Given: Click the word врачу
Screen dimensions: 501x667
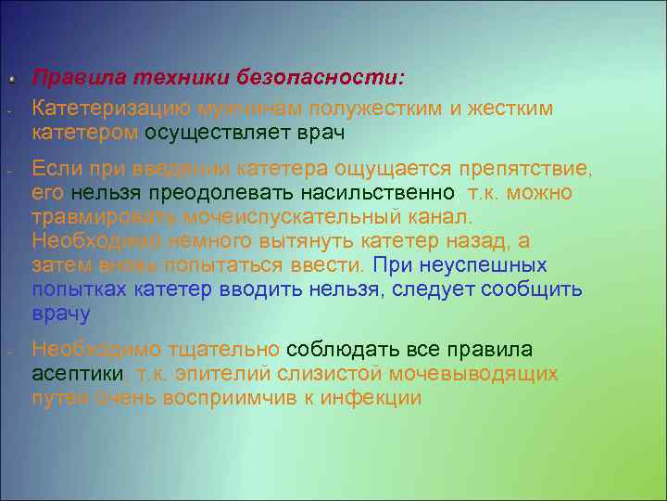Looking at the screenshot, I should click(61, 314).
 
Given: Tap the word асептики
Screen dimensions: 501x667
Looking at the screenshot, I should click(78, 374).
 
